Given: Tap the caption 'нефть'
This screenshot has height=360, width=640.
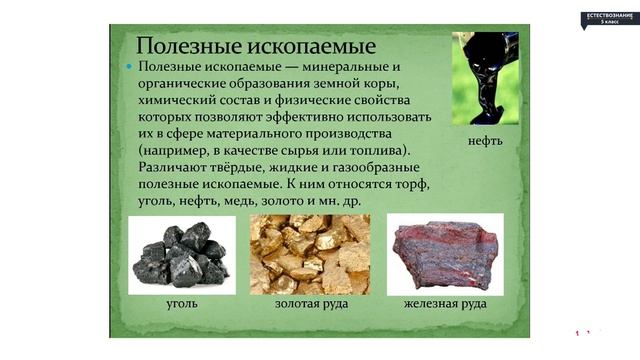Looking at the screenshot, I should [485, 140].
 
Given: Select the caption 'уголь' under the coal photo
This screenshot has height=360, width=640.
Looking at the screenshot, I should [181, 303].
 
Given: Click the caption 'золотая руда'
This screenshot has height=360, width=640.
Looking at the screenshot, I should [309, 303].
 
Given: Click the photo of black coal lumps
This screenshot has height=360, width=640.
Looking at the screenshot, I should [182, 255].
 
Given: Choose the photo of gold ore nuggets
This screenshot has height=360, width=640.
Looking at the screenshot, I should [309, 254].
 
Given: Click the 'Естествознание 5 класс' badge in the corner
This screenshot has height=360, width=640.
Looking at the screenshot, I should [609, 17].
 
